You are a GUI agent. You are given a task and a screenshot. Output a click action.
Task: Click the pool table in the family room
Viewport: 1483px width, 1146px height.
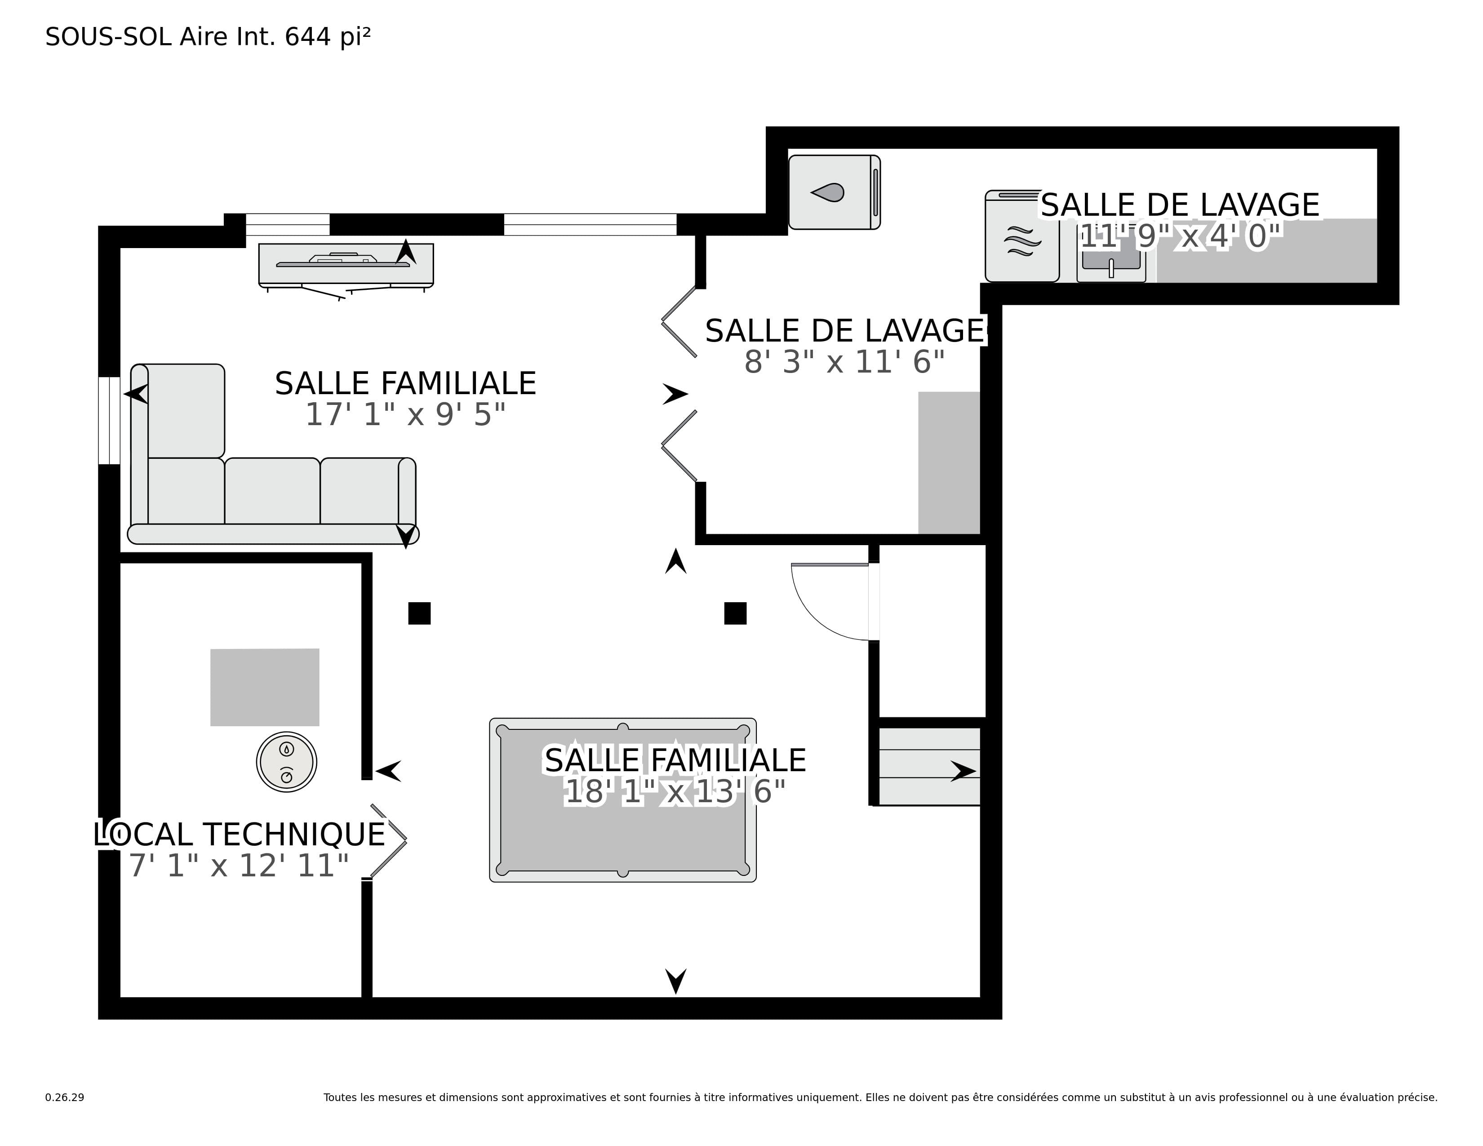(623, 800)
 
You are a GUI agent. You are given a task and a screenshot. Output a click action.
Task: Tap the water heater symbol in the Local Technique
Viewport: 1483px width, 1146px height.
(287, 762)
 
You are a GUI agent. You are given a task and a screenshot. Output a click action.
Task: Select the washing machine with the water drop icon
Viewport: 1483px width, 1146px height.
(834, 192)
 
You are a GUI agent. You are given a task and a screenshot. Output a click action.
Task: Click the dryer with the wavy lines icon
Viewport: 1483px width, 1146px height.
(1022, 236)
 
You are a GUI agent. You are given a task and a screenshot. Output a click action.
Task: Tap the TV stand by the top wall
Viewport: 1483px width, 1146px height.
(346, 266)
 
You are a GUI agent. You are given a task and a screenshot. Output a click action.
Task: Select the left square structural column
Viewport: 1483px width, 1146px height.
(419, 613)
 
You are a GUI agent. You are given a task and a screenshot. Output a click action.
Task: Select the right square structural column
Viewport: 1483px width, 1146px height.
(735, 613)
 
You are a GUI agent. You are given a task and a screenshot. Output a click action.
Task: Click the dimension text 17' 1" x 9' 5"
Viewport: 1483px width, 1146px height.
(405, 415)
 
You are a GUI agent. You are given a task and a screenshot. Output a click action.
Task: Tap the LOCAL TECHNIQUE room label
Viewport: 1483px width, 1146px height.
(239, 835)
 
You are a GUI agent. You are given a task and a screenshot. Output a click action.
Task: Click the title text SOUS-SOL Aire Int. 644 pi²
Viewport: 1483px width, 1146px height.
(208, 37)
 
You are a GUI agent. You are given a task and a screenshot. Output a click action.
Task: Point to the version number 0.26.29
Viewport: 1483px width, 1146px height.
(65, 1097)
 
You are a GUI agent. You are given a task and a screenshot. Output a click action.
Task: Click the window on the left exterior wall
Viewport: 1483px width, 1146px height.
(109, 420)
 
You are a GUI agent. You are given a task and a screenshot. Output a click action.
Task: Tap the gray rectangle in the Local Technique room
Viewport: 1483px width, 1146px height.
(265, 687)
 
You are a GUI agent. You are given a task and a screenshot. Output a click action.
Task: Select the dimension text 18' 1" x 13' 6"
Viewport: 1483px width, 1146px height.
(675, 791)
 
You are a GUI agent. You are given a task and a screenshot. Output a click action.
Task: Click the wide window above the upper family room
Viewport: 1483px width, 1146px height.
(590, 224)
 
